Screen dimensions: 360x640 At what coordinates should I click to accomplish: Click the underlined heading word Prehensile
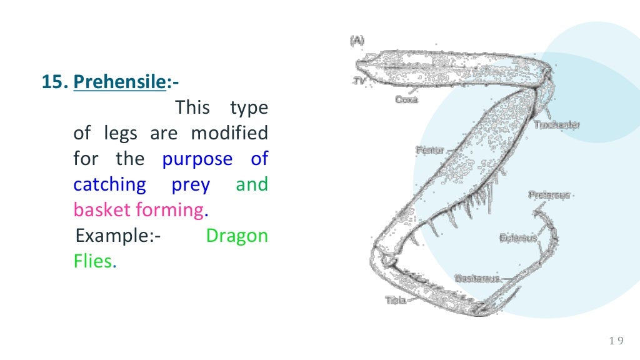click(119, 82)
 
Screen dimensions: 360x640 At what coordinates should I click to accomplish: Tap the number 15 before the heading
click(53, 82)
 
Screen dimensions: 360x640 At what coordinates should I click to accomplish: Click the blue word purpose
click(197, 159)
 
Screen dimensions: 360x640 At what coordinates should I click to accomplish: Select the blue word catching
click(109, 185)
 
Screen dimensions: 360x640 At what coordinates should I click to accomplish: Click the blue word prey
click(191, 185)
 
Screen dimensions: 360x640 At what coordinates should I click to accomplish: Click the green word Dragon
click(237, 236)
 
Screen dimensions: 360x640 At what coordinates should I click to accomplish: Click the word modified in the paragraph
click(229, 133)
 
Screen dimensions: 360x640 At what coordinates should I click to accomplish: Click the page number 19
click(616, 341)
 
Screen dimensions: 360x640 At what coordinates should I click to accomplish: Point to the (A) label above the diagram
click(357, 41)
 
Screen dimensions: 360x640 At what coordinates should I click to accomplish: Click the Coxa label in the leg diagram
click(407, 99)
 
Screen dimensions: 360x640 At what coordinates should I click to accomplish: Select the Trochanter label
click(556, 125)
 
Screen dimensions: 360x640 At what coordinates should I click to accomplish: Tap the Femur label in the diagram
click(429, 150)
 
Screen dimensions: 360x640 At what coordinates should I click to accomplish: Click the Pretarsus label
click(549, 194)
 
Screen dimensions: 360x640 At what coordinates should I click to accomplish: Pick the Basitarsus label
click(477, 278)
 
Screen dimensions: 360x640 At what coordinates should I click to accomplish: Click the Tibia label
click(395, 300)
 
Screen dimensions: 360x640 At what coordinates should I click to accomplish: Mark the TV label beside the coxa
click(360, 81)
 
